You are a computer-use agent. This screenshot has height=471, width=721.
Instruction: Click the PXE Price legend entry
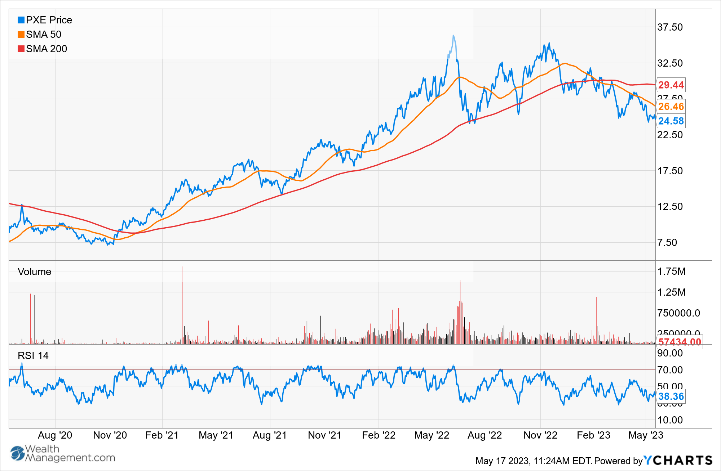[x=45, y=20]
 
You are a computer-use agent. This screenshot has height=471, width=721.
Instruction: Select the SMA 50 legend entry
[x=40, y=35]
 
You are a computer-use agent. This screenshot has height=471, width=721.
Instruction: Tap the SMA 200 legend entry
[x=43, y=49]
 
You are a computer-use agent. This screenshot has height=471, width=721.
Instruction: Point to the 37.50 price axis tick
[x=670, y=27]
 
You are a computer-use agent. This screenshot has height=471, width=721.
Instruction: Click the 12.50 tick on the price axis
[x=670, y=207]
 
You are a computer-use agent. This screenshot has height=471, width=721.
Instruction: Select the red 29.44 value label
[x=671, y=85]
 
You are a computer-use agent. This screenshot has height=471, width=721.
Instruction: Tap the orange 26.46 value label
[x=671, y=107]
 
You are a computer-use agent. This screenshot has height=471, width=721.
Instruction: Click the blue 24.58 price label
[x=671, y=121]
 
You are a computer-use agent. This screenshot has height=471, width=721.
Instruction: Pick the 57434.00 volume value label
[x=680, y=342]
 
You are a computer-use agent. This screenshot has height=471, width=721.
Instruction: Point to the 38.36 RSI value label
[x=671, y=396]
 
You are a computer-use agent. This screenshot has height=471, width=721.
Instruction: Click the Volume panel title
[x=34, y=272]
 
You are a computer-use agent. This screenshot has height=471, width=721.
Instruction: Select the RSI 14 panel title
[x=33, y=356]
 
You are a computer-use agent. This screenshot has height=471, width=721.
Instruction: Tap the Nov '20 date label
[x=110, y=435]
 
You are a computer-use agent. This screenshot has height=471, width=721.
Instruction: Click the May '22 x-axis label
[x=432, y=435]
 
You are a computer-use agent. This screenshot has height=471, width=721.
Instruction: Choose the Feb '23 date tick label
[x=593, y=435]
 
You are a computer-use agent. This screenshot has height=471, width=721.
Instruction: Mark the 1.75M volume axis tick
[x=671, y=272]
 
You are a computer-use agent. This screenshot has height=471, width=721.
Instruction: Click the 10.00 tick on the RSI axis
[x=670, y=420]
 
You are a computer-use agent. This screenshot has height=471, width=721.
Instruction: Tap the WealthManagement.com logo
[x=63, y=453]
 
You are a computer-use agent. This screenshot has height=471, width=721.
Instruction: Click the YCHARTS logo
[x=678, y=461]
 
